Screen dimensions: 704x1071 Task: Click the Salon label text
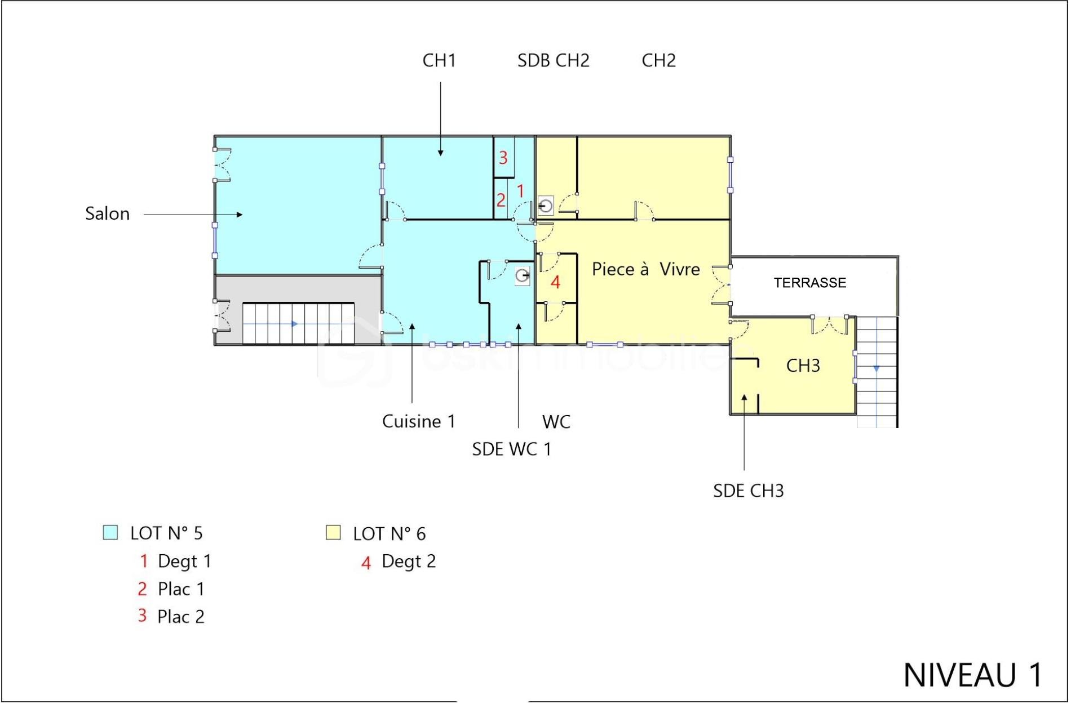[x=107, y=214]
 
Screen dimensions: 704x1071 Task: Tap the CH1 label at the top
[x=439, y=60]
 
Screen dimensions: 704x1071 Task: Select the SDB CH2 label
[x=553, y=60]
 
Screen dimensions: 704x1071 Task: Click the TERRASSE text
[x=809, y=283]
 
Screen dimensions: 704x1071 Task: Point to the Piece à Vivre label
[x=645, y=269]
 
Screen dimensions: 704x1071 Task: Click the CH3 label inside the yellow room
[x=803, y=366]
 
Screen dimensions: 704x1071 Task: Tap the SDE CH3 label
[x=748, y=491]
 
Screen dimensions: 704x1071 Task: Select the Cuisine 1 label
[x=418, y=421]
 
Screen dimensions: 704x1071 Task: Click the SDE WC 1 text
[x=511, y=449]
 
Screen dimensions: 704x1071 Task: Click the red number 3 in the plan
[x=503, y=158]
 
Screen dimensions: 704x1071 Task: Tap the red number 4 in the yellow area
[x=555, y=282]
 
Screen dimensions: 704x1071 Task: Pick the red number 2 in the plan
[x=501, y=200]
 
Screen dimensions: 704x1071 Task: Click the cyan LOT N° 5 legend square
[x=110, y=533]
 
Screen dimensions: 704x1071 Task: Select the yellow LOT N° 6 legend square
[x=333, y=533]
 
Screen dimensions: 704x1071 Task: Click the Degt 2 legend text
[x=409, y=562]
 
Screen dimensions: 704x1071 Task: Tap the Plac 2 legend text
[x=180, y=617]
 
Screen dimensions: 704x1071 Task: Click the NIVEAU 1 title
[x=972, y=675]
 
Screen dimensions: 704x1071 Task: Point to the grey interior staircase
[x=298, y=324]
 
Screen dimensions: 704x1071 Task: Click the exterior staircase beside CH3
[x=877, y=372]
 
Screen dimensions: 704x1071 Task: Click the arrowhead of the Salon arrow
[x=240, y=215]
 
